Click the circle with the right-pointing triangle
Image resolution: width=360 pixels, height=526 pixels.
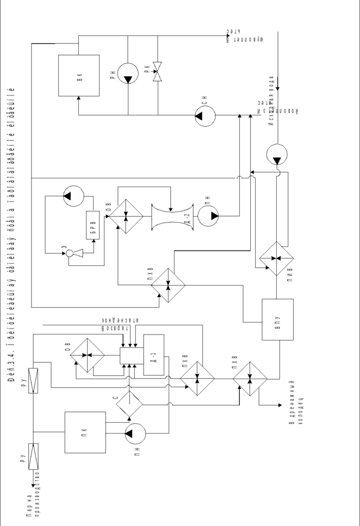tap(208, 216)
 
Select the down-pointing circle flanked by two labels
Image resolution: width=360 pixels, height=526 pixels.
tap(128, 73)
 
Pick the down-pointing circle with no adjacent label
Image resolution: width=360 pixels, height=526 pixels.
tap(276, 154)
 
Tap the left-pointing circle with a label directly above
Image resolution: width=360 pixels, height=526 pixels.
tap(205, 116)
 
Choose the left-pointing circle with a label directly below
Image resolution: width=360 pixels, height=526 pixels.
tap(135, 434)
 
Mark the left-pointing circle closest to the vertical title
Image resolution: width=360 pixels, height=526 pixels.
tap(73, 196)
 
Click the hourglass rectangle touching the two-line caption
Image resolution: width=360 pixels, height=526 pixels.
tap(33, 456)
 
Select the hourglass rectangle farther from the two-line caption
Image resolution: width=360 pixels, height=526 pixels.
tap(33, 381)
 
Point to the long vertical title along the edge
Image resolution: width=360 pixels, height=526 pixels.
tap(11, 234)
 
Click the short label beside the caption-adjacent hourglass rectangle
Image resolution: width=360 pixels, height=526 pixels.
tap(23, 457)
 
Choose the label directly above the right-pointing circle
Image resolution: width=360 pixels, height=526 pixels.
tap(208, 200)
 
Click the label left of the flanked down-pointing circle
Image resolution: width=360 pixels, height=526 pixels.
tap(112, 75)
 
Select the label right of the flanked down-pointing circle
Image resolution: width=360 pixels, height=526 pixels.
tap(147, 69)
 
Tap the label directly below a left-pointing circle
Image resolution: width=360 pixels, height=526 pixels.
tap(137, 451)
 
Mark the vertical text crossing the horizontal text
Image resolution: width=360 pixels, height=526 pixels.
tap(271, 101)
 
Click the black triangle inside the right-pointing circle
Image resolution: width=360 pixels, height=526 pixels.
tap(214, 216)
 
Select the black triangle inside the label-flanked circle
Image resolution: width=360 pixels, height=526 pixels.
tap(128, 79)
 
